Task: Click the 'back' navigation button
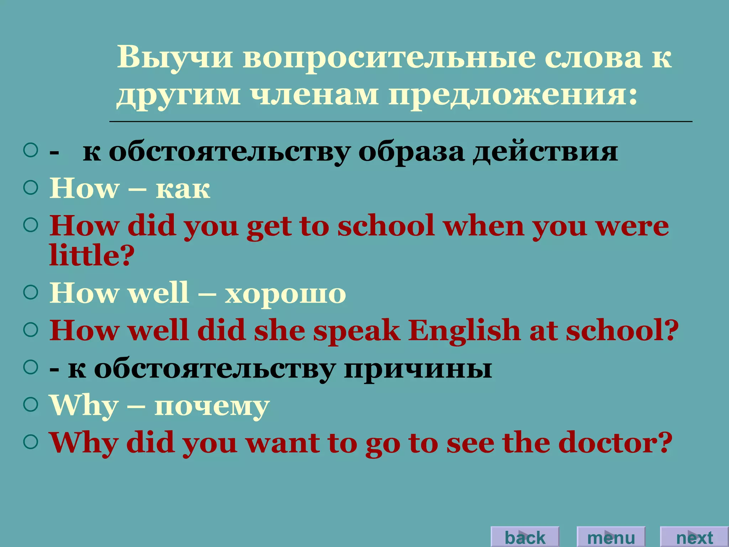pyautogui.click(x=525, y=537)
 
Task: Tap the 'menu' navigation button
pyautogui.click(x=611, y=537)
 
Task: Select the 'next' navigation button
pyautogui.click(x=694, y=537)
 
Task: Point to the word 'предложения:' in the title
pyautogui.click(x=513, y=96)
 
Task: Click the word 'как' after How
pyautogui.click(x=183, y=189)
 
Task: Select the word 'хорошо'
pyautogui.click(x=285, y=294)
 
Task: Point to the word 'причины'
pyautogui.click(x=418, y=369)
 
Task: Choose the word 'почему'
pyautogui.click(x=212, y=406)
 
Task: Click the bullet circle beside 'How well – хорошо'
pyautogui.click(x=31, y=292)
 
